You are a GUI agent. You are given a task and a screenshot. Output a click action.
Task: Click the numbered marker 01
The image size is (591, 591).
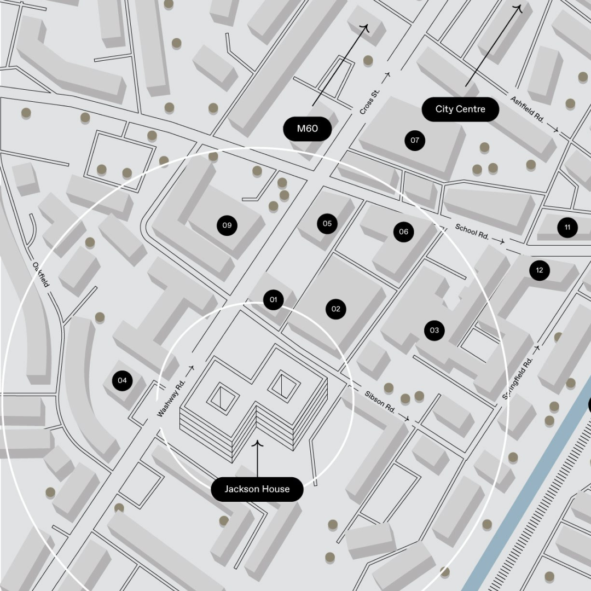(x=274, y=299)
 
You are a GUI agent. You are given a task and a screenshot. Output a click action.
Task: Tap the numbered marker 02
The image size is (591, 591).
(x=336, y=309)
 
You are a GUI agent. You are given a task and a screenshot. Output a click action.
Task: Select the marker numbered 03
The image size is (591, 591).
(x=434, y=330)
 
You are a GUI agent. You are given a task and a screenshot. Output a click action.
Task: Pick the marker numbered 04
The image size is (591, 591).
(x=122, y=380)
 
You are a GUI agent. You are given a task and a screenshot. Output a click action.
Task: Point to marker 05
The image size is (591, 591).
(x=327, y=223)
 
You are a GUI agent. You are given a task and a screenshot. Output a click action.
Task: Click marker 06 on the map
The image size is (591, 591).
(x=403, y=231)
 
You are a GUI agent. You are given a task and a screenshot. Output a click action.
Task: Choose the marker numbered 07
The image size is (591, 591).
(x=415, y=140)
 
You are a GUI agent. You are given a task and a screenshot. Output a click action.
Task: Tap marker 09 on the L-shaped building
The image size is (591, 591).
(x=227, y=225)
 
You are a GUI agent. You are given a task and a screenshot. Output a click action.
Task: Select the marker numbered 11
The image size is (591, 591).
(x=567, y=227)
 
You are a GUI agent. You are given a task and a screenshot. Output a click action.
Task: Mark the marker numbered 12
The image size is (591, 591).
(x=540, y=270)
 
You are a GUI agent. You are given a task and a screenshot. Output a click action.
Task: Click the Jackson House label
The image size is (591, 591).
(x=257, y=489)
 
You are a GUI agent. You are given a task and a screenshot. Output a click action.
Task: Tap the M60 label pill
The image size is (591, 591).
(x=307, y=129)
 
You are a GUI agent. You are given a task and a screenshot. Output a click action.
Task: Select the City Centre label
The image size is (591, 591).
(x=460, y=109)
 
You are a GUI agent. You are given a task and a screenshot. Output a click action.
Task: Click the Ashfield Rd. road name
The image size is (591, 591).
(x=527, y=109)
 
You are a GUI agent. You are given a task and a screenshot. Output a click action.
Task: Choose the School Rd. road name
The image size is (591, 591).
(x=472, y=231)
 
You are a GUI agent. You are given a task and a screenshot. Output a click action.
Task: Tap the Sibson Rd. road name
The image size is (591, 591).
(x=380, y=401)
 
